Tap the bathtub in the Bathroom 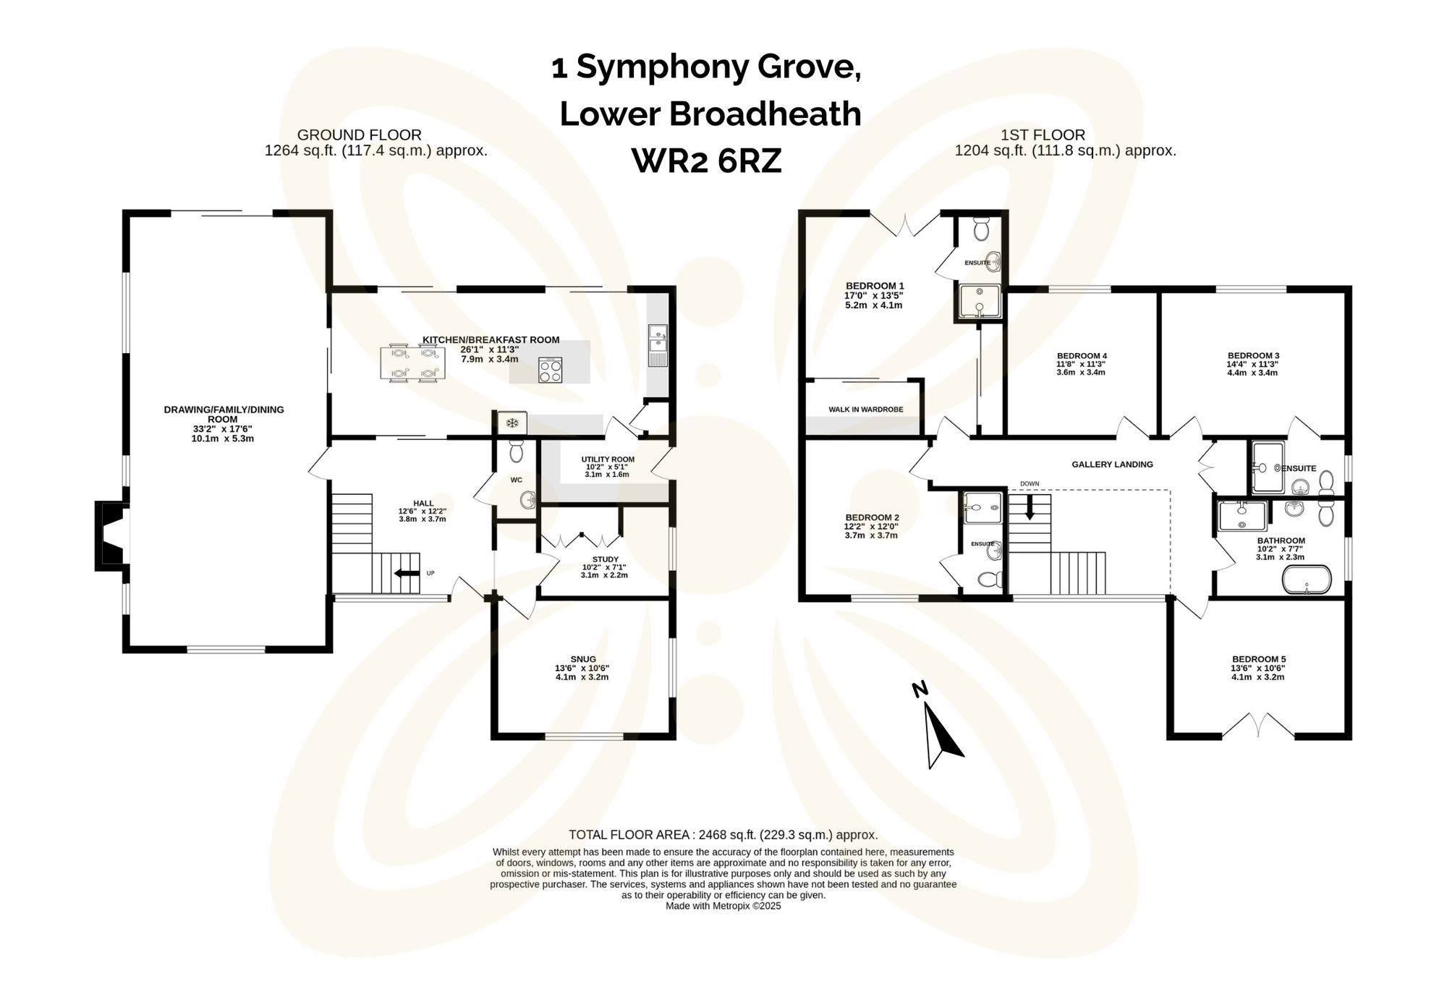coord(1306,580)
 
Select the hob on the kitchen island coord(550,370)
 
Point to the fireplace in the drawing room coord(110,535)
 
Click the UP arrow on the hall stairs coord(407,574)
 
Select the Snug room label coord(582,659)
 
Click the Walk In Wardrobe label coord(865,410)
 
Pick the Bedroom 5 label coord(1259,659)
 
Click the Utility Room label coord(608,459)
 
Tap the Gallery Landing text coord(1112,465)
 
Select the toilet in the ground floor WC coord(516,451)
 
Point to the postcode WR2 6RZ coord(707,161)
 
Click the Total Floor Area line coord(723,834)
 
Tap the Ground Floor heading coord(359,135)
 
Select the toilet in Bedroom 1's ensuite coord(982,229)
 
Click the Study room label coord(605,559)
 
